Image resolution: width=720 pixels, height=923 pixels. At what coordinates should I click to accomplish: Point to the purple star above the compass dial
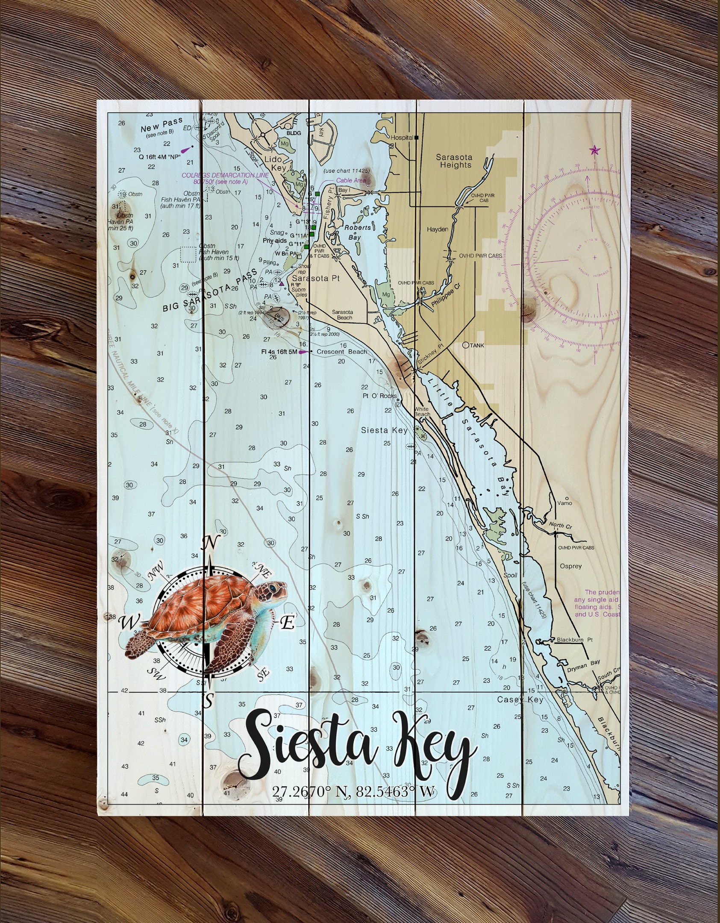point(594,150)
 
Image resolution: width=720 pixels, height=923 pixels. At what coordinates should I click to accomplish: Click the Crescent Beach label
point(341,352)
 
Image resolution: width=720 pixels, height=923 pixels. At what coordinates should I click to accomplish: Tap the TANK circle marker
point(467,345)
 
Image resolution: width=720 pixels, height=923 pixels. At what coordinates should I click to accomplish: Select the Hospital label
point(402,138)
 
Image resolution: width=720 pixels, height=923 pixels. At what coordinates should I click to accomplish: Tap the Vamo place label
point(564,503)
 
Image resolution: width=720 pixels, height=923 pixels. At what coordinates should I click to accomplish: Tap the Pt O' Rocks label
point(379,396)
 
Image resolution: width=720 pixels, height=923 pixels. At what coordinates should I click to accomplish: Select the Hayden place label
point(438,229)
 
